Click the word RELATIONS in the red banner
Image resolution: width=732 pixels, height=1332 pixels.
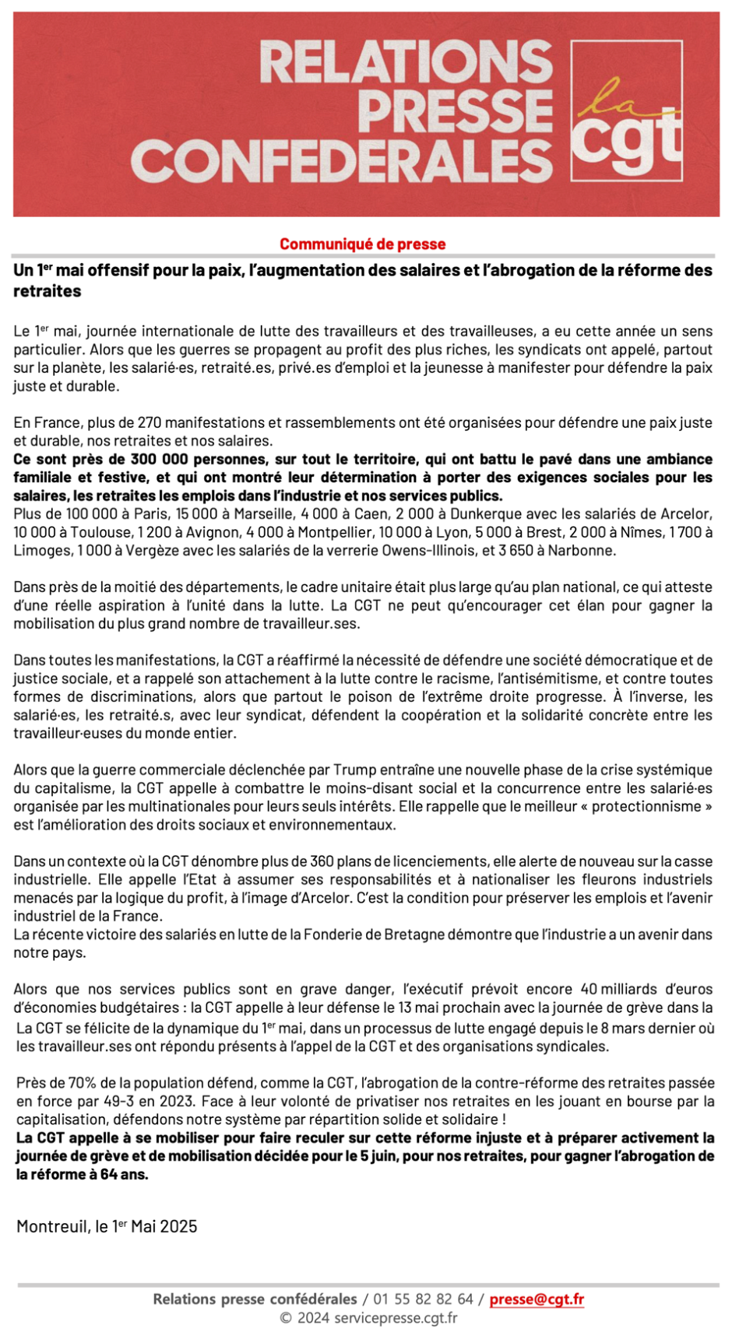click(406, 64)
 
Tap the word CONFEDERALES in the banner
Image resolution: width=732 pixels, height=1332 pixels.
click(342, 162)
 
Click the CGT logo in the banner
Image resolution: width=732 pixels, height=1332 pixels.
click(627, 109)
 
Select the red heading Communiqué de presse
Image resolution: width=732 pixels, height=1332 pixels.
click(363, 244)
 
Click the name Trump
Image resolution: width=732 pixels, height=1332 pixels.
click(355, 769)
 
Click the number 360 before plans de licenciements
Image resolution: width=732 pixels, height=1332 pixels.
click(322, 861)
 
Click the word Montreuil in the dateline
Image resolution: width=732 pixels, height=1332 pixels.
click(51, 1226)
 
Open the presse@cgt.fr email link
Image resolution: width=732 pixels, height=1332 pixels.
click(537, 1299)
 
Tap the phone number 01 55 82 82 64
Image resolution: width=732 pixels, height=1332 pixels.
click(423, 1299)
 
